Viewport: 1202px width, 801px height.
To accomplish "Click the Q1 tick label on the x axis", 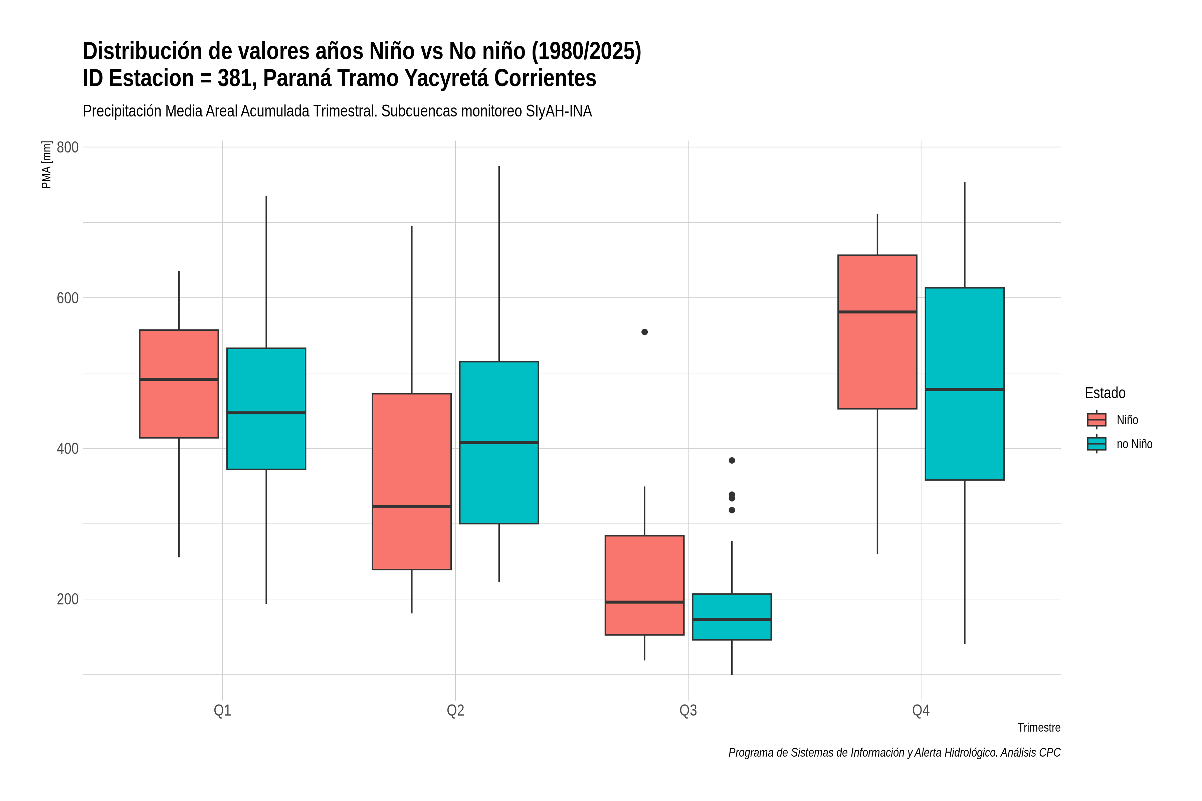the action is tap(222, 711).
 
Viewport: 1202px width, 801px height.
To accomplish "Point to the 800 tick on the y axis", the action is tap(67, 147).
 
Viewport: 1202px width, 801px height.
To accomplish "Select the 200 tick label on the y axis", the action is tap(67, 599).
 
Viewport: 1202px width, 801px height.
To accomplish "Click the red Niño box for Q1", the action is tap(179, 383).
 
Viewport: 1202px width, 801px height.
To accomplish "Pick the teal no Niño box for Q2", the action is tap(499, 443).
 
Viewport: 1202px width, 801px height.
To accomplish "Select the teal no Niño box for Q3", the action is tap(732, 616).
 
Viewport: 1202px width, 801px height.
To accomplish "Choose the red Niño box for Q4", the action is tap(877, 331).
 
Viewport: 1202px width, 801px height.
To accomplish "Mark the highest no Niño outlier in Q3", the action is tap(732, 460).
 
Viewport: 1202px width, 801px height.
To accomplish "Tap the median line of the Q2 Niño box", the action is tap(412, 506).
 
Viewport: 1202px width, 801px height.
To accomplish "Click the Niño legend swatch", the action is tap(1097, 420).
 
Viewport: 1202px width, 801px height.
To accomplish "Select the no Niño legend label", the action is tap(1135, 444).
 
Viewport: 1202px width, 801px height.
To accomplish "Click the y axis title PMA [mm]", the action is tap(46, 165).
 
